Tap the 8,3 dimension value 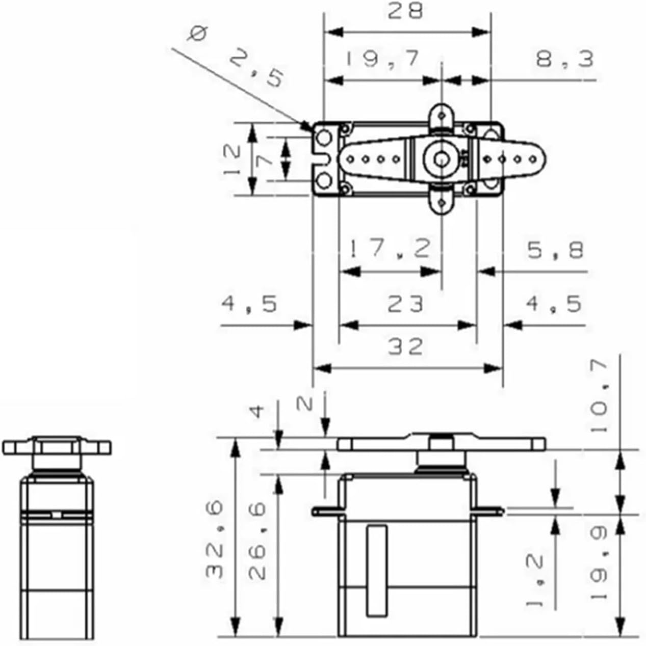pyautogui.click(x=564, y=59)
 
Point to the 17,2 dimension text pyautogui.click(x=389, y=249)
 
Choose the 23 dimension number pyautogui.click(x=405, y=304)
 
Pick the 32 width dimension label pyautogui.click(x=405, y=346)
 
